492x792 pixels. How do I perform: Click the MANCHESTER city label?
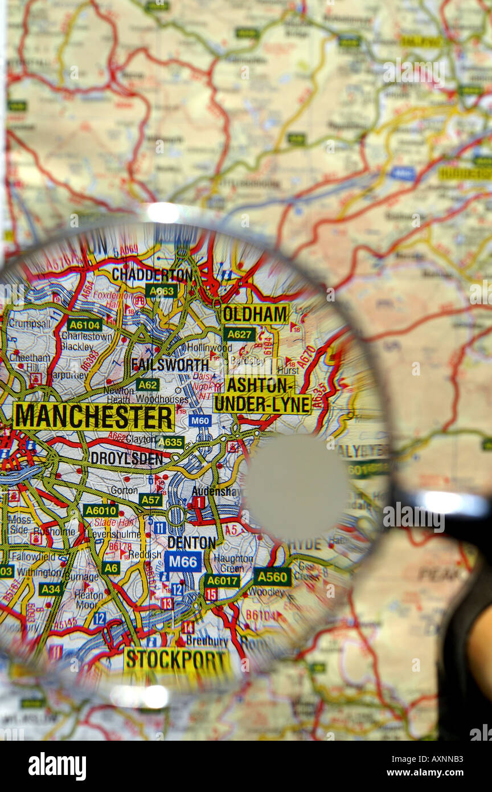(x=93, y=417)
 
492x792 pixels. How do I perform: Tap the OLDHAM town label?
(x=255, y=314)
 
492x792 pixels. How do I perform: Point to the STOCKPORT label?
(x=177, y=660)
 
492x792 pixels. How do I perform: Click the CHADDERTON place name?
(x=152, y=275)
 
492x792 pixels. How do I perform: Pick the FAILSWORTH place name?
(x=170, y=365)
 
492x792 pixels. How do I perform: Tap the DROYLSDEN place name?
(x=126, y=458)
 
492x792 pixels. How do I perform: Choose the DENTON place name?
(x=192, y=542)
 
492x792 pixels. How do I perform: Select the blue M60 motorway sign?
(x=200, y=421)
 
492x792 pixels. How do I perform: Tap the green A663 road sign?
(x=162, y=291)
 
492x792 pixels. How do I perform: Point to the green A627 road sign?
(x=239, y=334)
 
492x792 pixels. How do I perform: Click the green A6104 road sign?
(x=84, y=325)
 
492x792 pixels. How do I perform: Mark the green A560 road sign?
(x=272, y=577)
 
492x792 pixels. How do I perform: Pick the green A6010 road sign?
(x=100, y=510)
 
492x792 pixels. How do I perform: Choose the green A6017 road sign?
(x=222, y=581)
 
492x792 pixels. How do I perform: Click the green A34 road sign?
(x=51, y=589)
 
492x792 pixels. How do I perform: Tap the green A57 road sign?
(x=150, y=500)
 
